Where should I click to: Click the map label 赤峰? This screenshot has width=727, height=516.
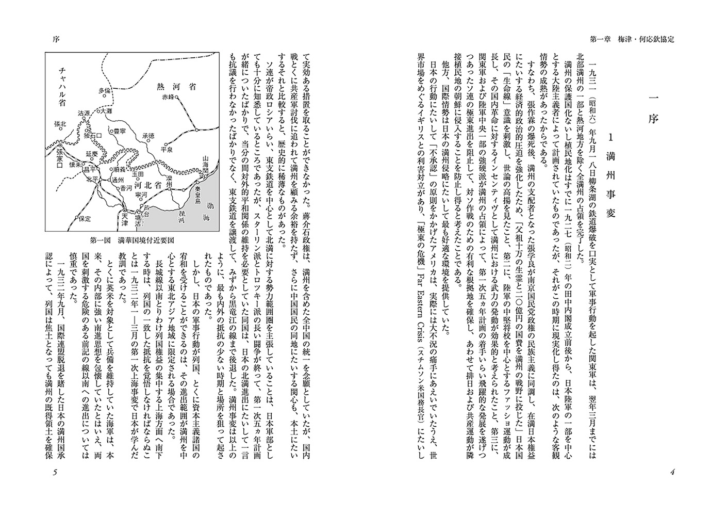[169, 96]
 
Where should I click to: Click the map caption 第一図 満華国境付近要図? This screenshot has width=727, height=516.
[132, 239]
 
